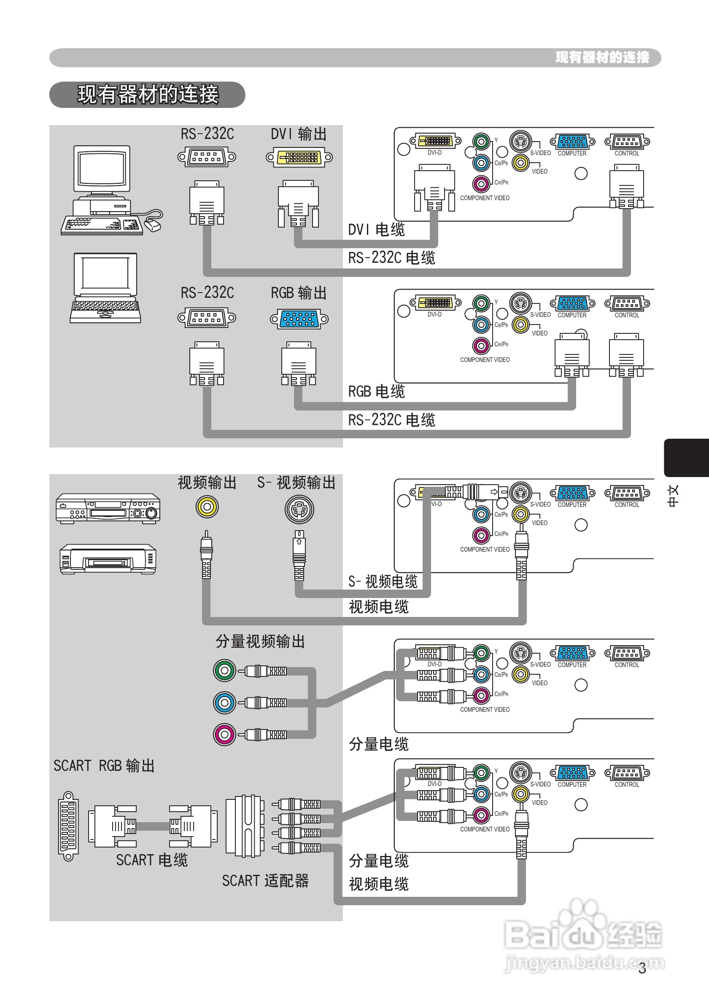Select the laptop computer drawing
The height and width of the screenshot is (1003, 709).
[x=105, y=288]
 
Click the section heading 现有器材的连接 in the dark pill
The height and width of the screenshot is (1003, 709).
[x=147, y=94]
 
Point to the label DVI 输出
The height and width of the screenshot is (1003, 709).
[x=299, y=134]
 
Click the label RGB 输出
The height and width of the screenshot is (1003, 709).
[x=299, y=293]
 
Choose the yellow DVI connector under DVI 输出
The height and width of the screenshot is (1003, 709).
[x=299, y=157]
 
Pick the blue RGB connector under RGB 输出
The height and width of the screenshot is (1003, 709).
[x=299, y=319]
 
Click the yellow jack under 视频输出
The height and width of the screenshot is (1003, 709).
[x=207, y=507]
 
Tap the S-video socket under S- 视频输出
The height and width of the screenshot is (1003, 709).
[x=299, y=510]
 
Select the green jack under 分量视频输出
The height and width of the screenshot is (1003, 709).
[x=225, y=670]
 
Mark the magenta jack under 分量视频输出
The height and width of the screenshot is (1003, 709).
[x=225, y=734]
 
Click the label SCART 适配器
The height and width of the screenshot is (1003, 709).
[x=265, y=881]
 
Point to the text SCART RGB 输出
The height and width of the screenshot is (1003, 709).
[x=104, y=766]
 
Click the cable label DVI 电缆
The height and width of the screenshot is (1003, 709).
[x=376, y=230]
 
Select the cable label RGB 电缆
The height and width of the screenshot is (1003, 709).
[x=376, y=392]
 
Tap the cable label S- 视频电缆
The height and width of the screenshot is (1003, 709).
[x=383, y=582]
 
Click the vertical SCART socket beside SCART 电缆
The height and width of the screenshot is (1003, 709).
[x=68, y=826]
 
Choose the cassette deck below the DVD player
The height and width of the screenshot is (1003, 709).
[x=108, y=559]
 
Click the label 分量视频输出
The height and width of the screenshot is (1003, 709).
[x=260, y=642]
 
